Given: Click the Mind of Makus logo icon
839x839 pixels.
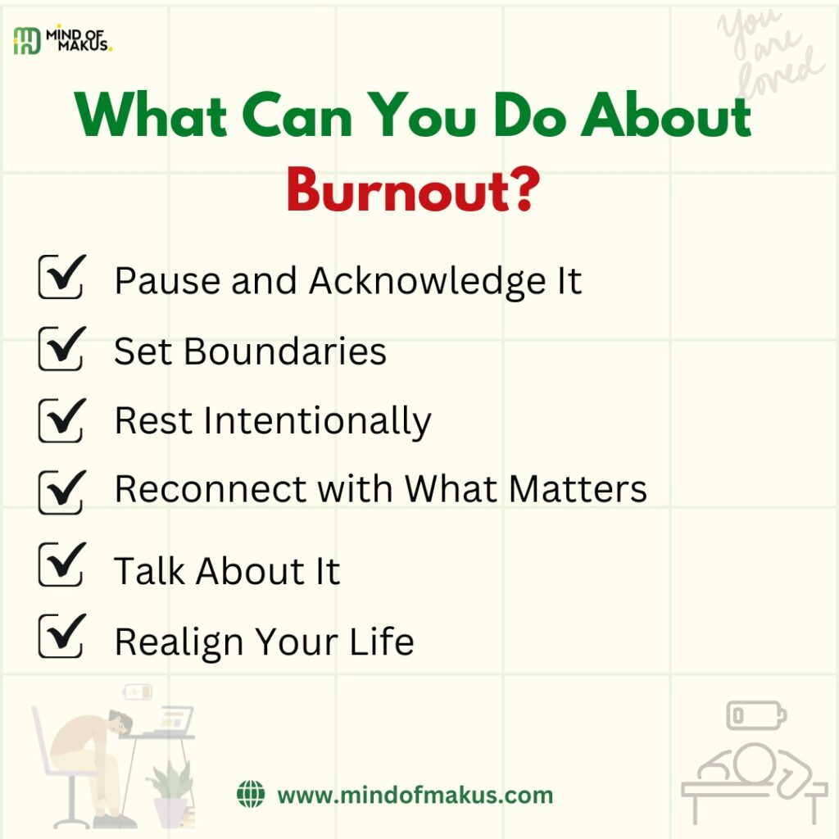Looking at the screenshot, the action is pos(27,41).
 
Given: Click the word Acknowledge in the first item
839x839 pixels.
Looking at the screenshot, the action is pos(428,283).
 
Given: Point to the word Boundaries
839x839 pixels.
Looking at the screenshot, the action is pos(285,352).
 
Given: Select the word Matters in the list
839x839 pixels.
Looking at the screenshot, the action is pos(578,488).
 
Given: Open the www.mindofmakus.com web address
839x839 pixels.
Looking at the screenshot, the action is pos(415,795).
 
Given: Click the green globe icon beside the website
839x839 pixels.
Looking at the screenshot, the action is pos(251,794).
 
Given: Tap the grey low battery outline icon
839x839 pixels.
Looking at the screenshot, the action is pos(756,715).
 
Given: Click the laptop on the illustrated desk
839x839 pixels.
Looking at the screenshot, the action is pos(170,720).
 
